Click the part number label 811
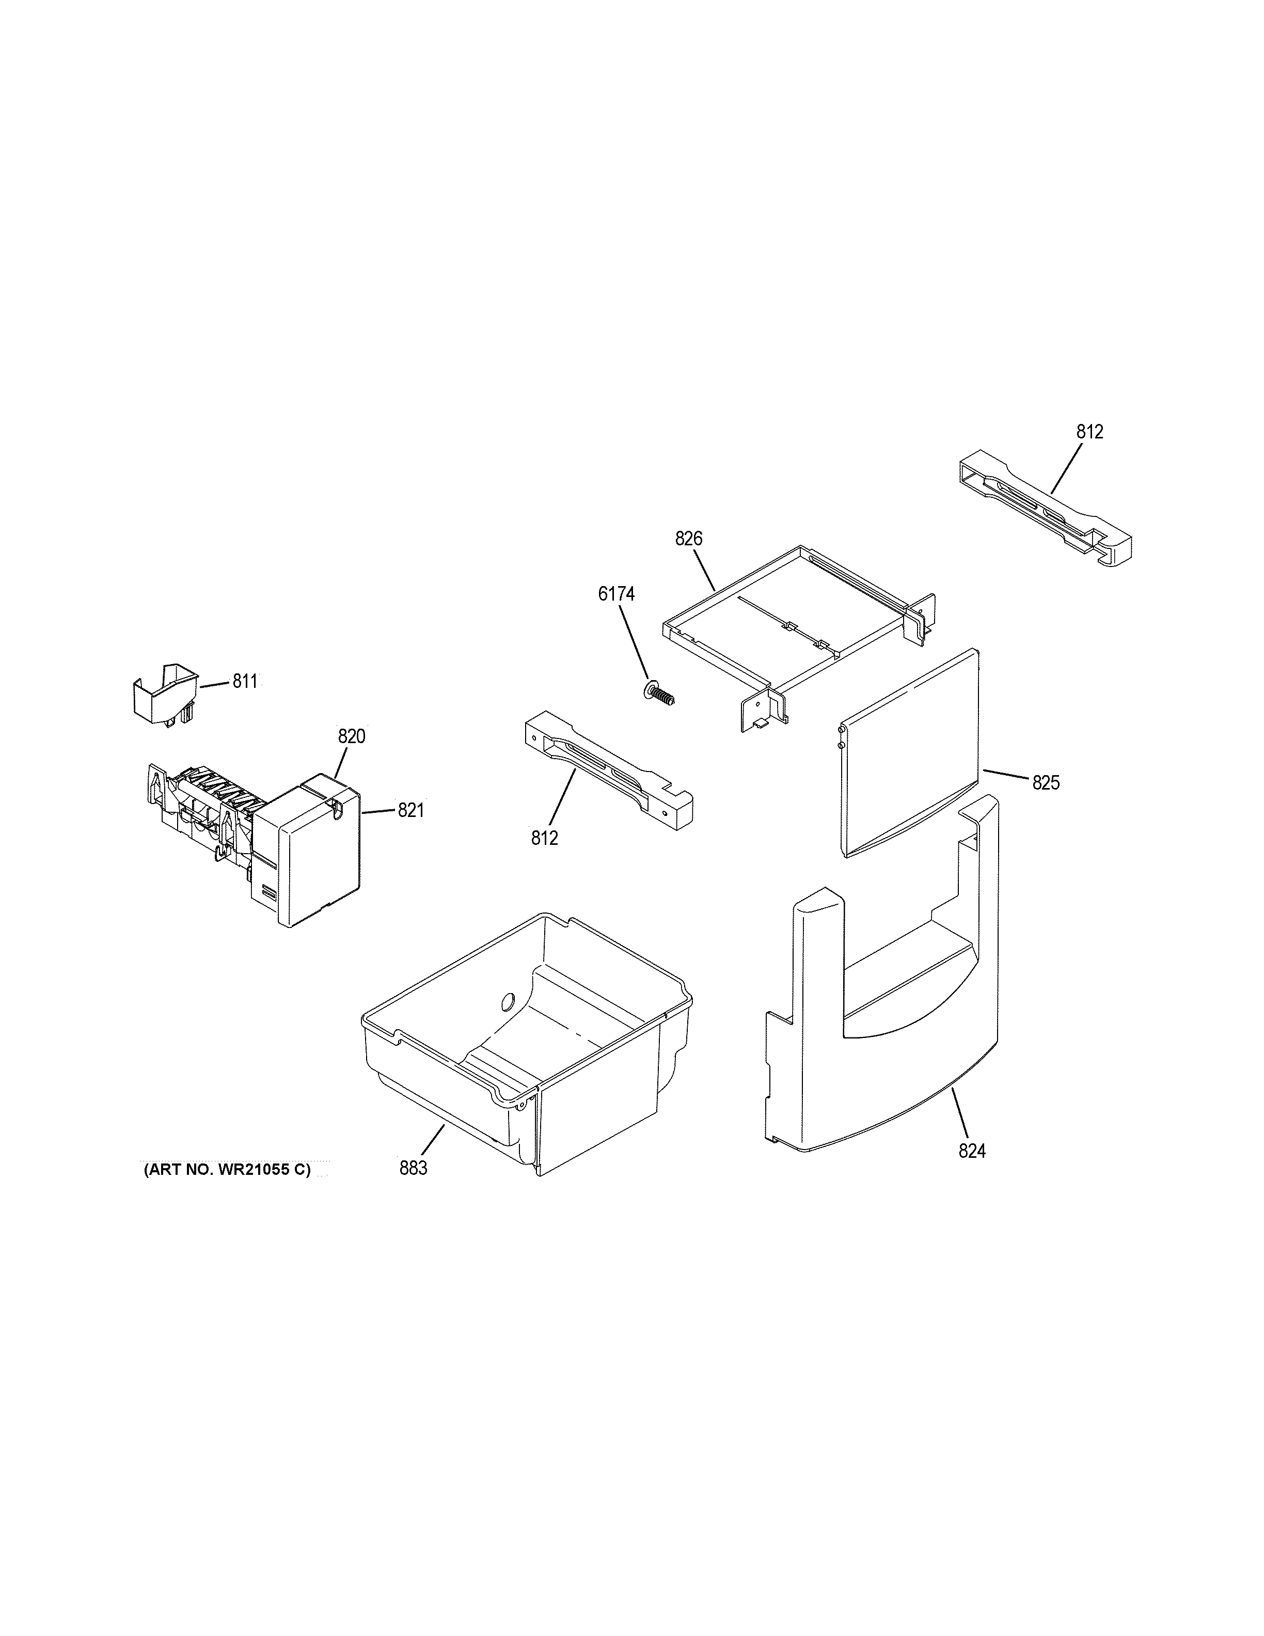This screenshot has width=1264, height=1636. click(245, 681)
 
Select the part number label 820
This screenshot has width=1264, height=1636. click(351, 736)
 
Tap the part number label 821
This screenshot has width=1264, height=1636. click(410, 810)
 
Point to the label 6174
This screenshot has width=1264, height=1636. click(617, 594)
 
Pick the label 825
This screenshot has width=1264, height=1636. click(1046, 783)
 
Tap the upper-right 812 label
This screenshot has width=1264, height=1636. click(1091, 432)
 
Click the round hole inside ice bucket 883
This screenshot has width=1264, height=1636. click(507, 1001)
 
